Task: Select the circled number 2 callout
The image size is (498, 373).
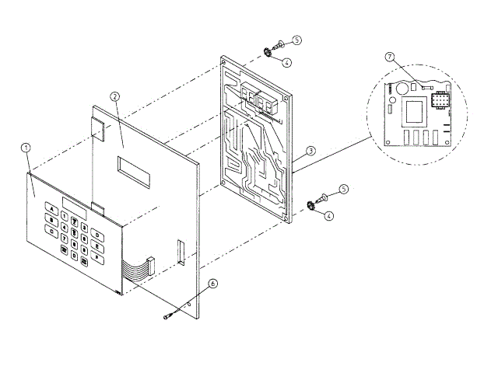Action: [114, 96]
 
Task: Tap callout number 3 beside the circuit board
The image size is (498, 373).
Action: [310, 150]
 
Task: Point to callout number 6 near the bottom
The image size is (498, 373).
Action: [213, 285]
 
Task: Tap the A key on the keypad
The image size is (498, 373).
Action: [51, 207]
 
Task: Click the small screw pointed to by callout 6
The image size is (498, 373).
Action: [170, 315]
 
